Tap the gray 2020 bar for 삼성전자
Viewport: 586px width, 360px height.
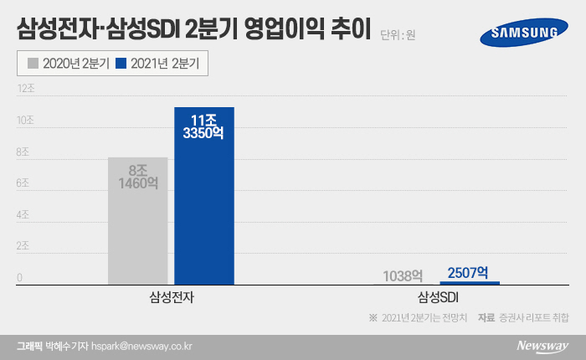pos(137,222)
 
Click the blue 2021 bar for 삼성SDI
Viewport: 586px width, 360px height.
pos(469,283)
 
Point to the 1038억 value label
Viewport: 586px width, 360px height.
pos(403,275)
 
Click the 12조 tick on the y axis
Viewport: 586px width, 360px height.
pos(26,88)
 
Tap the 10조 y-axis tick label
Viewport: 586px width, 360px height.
pos(26,121)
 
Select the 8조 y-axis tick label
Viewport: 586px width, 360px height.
pos(24,152)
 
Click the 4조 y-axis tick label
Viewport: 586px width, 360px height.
pos(24,215)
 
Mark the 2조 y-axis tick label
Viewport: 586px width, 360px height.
pos(24,247)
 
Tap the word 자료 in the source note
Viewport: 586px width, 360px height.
pos(486,318)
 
